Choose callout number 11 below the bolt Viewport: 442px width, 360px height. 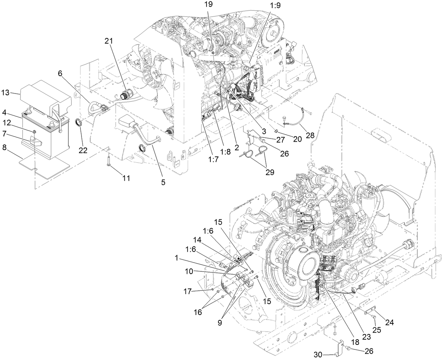click(126, 178)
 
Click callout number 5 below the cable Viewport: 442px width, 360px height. click(163, 182)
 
